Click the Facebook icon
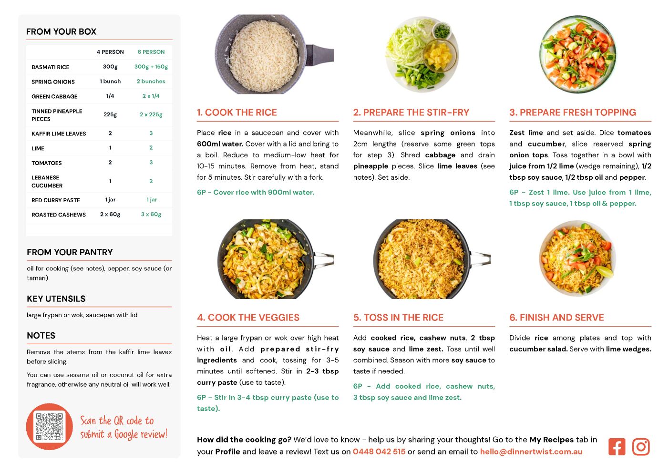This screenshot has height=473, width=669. point(617,447)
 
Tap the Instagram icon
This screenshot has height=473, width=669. point(641,447)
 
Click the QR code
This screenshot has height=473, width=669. point(50,427)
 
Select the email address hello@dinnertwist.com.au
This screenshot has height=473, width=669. point(531,452)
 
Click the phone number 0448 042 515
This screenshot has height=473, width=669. point(379,452)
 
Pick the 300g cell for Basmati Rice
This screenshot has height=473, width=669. point(110,67)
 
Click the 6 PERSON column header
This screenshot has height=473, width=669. point(151,52)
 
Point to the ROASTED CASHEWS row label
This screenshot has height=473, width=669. point(59,215)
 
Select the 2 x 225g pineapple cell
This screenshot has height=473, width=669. point(151,114)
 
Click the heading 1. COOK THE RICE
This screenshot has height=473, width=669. point(237,112)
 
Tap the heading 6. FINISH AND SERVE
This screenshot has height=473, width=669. point(556,318)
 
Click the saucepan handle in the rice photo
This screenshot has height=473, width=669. point(319,54)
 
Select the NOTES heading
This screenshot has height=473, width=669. point(41,336)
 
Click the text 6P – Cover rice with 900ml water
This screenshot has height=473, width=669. point(256,192)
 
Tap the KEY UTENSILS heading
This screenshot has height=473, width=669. point(56,299)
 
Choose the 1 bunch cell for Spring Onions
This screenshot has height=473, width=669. point(110,81)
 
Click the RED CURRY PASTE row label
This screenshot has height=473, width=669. point(55,200)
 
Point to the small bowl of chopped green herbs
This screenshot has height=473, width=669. point(442,31)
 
